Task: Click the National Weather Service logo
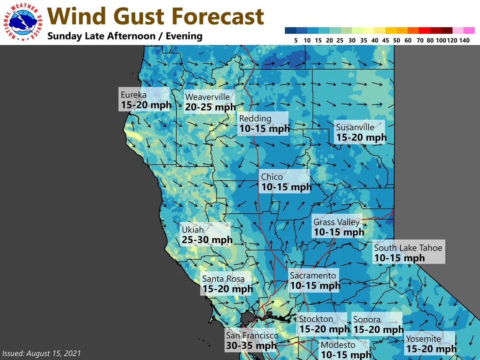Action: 23,22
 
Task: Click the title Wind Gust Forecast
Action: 156,17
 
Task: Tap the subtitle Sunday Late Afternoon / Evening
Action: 125,36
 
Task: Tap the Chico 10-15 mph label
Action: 286,182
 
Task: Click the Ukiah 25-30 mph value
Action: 207,240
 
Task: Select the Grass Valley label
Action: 338,227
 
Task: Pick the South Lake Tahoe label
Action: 408,253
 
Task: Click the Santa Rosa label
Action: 227,284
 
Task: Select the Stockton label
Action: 324,324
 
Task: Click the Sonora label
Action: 378,324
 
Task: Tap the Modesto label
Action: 345,350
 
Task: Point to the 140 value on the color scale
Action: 465,40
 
